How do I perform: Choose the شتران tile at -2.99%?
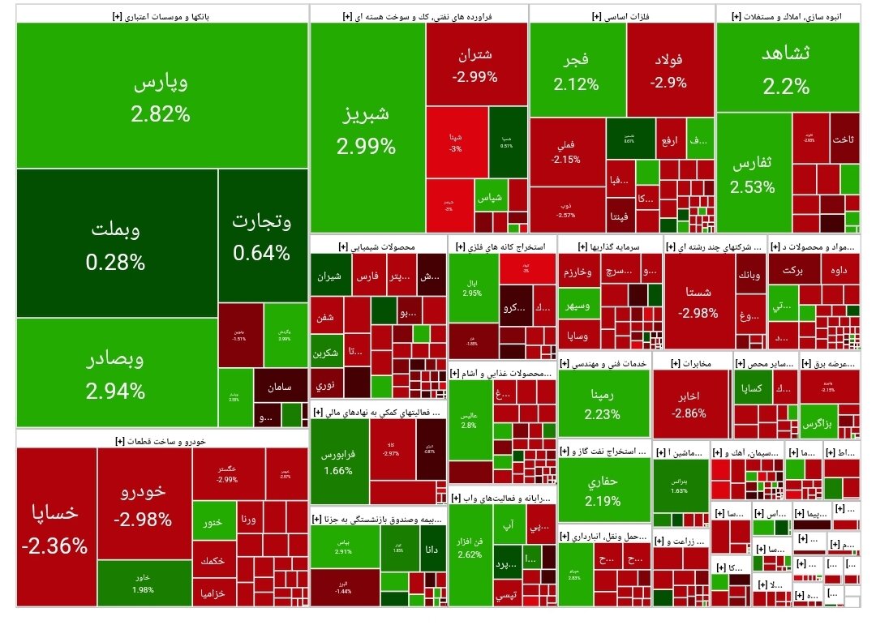(475, 65)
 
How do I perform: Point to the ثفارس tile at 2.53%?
(753, 173)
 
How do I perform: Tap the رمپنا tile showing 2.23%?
(603, 403)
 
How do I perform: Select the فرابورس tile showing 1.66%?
(338, 460)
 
